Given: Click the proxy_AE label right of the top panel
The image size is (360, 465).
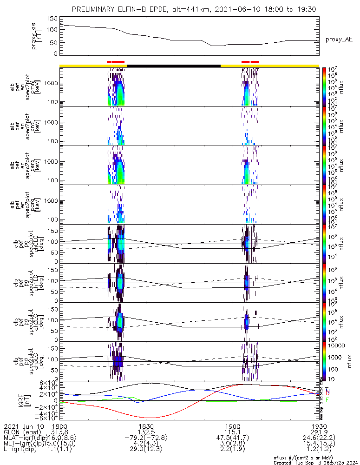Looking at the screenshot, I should (x=339, y=40).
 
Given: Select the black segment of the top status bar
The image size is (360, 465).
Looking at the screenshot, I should (x=174, y=66).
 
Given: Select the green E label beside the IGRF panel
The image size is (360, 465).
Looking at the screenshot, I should (x=327, y=400).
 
